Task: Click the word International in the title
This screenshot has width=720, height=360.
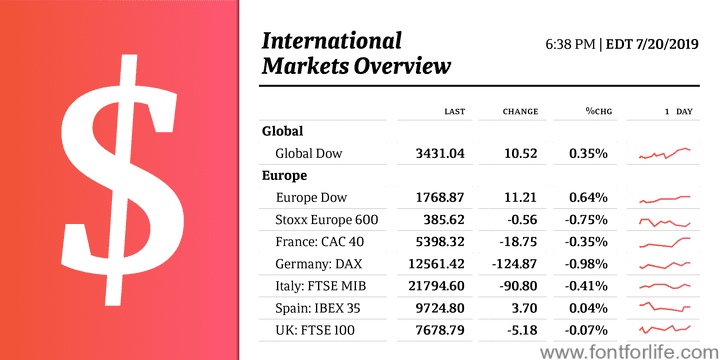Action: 332,41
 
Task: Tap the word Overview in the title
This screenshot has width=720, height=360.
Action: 402,66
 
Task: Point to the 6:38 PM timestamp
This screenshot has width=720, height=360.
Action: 571,45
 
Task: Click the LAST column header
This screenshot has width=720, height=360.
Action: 455,112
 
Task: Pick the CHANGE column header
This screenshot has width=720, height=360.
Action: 520,112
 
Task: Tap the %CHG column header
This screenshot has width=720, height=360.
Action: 599,112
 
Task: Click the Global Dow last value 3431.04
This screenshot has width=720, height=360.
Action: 440,153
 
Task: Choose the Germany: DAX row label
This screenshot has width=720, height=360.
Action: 319,264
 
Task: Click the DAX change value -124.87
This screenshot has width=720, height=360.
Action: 514,264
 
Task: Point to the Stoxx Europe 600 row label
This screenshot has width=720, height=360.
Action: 327,220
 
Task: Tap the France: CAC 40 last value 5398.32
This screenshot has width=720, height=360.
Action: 440,242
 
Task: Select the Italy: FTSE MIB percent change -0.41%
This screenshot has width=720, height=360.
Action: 586,287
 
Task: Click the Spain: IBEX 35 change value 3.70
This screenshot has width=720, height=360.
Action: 524,308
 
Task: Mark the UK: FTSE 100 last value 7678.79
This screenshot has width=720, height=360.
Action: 440,330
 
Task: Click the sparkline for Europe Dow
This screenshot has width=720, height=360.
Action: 664,199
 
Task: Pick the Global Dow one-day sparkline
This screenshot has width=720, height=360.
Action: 664,153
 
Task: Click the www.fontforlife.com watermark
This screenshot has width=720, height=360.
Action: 630,353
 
